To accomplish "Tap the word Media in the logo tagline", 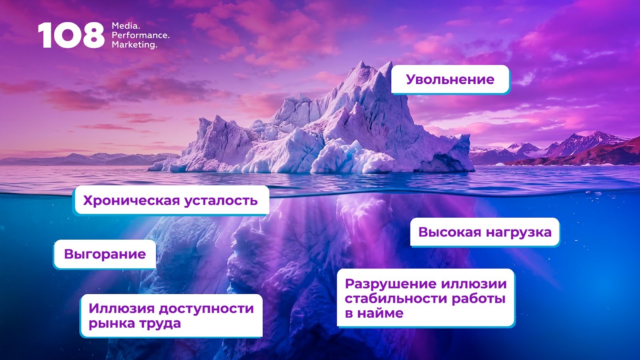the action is tap(126, 26).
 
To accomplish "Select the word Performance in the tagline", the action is tap(140, 36).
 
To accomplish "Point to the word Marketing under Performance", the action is tap(134, 45).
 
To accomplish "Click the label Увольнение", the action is tap(450, 80).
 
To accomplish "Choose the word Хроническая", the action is tap(132, 200).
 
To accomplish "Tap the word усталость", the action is tap(221, 200).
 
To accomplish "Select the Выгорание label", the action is tap(105, 254).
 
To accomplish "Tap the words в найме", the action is tap(374, 314).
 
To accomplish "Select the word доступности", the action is tap(206, 309).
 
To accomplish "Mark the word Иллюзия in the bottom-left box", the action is tap(122, 308).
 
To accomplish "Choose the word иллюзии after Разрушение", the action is tap(474, 284).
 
